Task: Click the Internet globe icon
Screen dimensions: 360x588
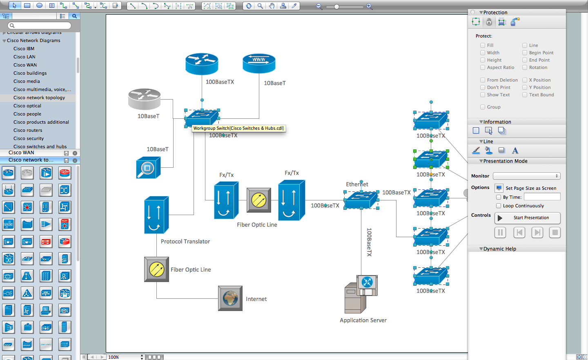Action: [x=230, y=298]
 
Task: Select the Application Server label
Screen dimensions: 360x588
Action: [x=363, y=320]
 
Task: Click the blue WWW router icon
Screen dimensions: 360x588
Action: [x=259, y=63]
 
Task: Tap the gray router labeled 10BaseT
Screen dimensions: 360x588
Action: [x=144, y=99]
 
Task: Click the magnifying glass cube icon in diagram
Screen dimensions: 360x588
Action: [x=148, y=168]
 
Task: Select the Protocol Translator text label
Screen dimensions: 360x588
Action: [x=185, y=242]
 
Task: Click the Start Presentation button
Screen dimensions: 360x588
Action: [x=527, y=218]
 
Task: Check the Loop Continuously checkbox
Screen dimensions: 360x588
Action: [x=499, y=206]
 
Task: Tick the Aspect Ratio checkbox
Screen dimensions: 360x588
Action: [x=483, y=67]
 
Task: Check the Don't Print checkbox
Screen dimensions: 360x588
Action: [x=483, y=87]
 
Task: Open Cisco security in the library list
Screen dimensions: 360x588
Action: [x=28, y=138]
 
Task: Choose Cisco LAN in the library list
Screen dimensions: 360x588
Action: [x=24, y=57]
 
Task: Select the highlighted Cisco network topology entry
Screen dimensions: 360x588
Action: [x=39, y=98]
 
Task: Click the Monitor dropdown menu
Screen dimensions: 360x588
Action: [x=526, y=176]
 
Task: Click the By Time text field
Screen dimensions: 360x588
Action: [x=542, y=197]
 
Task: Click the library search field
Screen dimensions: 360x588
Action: [x=40, y=25]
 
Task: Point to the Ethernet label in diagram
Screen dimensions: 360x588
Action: [x=357, y=184]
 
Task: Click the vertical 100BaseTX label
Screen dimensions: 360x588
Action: [x=369, y=242]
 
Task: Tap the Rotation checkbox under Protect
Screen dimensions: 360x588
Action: [x=525, y=67]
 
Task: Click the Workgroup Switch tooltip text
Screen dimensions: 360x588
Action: [x=238, y=128]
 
